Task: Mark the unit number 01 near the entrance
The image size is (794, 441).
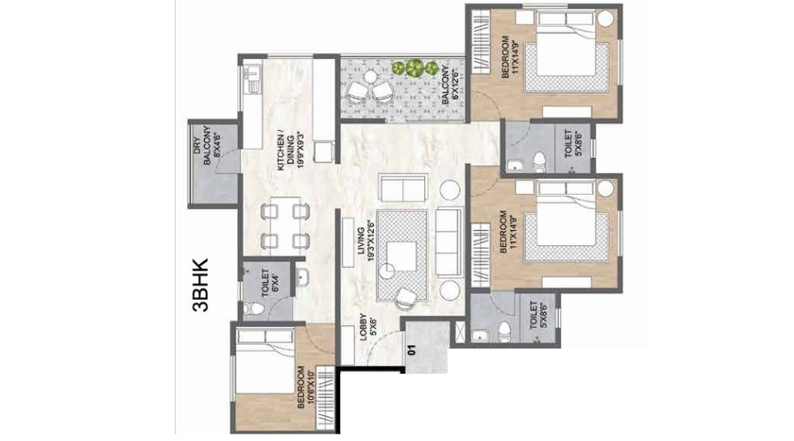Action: click(x=411, y=352)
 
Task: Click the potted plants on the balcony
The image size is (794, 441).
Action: click(x=414, y=68)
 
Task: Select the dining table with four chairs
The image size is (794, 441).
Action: click(x=283, y=225)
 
